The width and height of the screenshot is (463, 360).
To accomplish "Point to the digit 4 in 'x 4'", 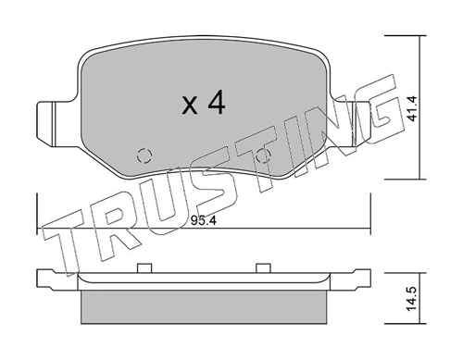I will (217, 104).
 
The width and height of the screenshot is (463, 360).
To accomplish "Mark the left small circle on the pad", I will (142, 155).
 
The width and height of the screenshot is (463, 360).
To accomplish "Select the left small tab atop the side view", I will (144, 269).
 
